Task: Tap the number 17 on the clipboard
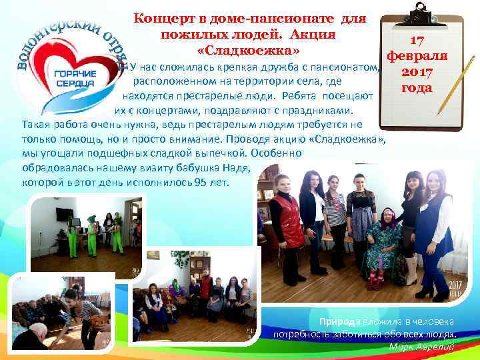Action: click(418, 41)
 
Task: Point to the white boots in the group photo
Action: click(411, 272)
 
